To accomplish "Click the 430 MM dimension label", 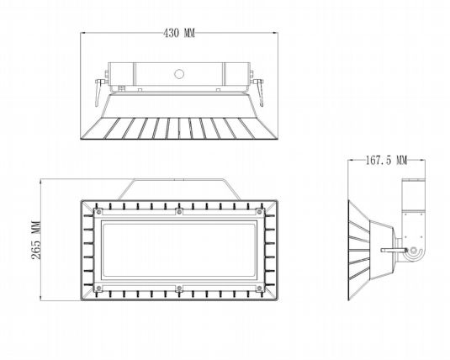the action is point(179,33).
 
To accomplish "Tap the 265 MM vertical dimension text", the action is point(36,240).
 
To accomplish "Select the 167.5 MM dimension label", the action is point(386,160).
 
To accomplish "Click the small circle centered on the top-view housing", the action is point(179,74).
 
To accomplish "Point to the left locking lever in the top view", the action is point(99,92).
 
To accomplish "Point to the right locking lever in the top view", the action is point(259,92).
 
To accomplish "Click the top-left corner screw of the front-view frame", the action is point(98,212).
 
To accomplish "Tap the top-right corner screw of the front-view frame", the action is point(259,212).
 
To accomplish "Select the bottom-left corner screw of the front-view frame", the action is point(98,288).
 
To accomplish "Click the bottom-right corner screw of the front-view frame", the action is point(259,288).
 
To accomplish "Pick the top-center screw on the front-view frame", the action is point(179,212).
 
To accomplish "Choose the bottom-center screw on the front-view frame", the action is point(179,288).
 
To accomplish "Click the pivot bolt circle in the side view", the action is point(413,250).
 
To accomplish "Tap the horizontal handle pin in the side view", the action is point(394,251).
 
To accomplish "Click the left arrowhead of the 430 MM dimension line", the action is point(83,33).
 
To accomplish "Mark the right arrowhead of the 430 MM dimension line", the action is point(275,33).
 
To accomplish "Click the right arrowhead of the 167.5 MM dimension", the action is point(422,160).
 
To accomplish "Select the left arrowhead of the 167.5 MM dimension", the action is point(351,160).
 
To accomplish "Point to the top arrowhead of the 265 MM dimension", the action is point(40,182).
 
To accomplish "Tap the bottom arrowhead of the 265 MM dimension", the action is point(40,298).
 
